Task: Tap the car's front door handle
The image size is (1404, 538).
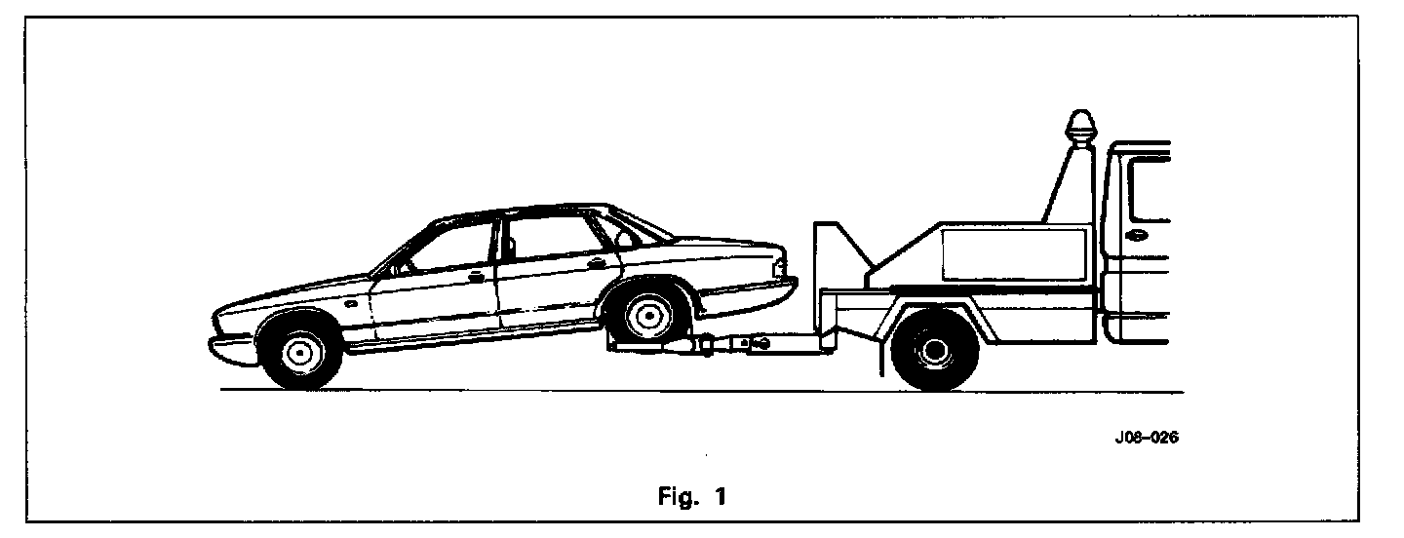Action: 476,277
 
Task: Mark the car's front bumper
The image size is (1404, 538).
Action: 230,342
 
